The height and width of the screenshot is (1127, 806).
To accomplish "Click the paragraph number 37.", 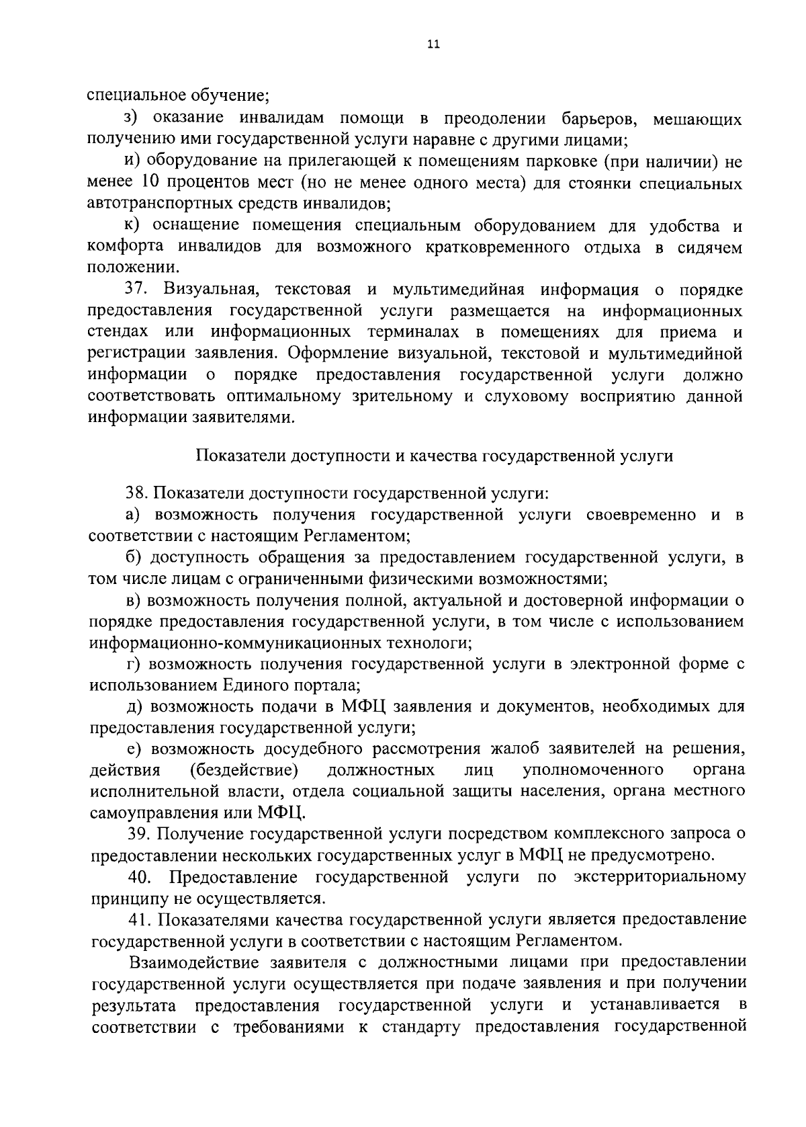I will (x=137, y=290).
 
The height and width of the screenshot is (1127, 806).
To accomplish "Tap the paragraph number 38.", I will (x=137, y=495).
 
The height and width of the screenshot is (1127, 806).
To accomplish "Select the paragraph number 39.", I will (x=139, y=834).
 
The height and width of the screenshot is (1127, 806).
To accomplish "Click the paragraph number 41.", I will (x=139, y=919).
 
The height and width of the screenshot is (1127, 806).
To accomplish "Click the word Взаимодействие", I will (x=202, y=962).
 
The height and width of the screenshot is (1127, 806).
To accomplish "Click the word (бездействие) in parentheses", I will (x=244, y=769).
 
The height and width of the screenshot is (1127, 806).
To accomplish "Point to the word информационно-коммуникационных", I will (x=242, y=643).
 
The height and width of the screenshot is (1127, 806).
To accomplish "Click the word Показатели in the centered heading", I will (x=240, y=456).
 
